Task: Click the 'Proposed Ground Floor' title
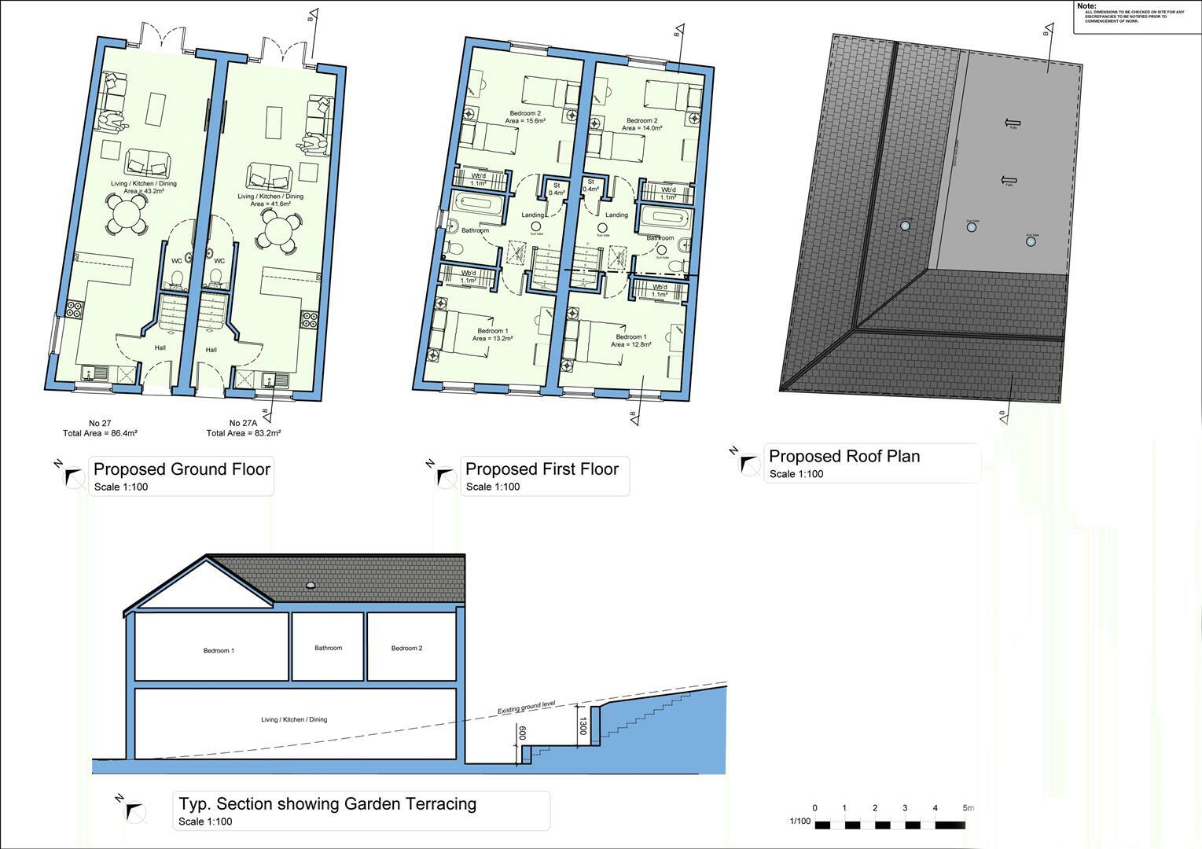click(182, 469)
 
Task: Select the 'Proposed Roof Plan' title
click(844, 457)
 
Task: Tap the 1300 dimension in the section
click(583, 725)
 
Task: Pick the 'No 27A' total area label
click(244, 428)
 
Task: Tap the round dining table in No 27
click(126, 214)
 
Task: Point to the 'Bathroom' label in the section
click(328, 648)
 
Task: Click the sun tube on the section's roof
click(311, 585)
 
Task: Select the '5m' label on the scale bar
click(969, 808)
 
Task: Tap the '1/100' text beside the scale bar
click(799, 821)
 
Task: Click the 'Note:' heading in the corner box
click(1087, 6)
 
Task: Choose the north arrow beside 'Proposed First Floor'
click(445, 476)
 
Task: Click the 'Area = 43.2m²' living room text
click(143, 191)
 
